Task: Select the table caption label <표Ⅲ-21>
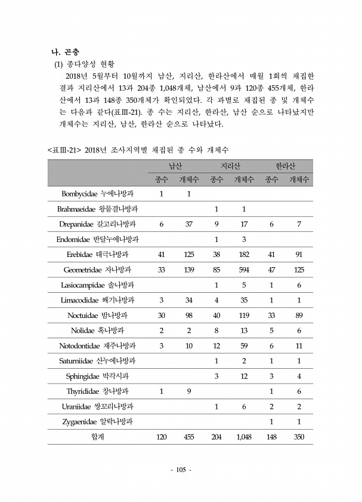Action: (x=64, y=149)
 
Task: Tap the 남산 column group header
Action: (x=175, y=165)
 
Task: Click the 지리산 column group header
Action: (x=230, y=165)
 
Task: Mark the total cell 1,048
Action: (x=244, y=437)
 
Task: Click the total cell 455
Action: (x=189, y=437)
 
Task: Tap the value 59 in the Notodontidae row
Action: (x=244, y=345)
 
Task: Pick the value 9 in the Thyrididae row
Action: (x=189, y=391)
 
